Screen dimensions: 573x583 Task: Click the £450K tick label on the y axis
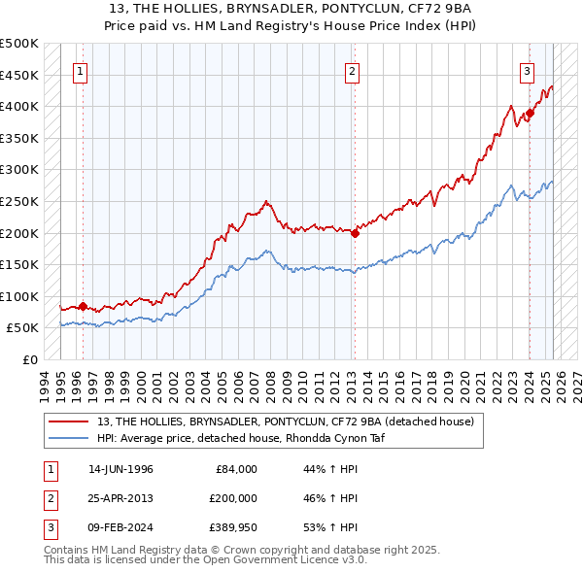coord(19,75)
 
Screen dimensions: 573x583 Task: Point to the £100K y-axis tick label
coord(19,296)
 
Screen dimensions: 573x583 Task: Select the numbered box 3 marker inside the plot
coord(527,70)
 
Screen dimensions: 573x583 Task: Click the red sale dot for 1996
coord(84,306)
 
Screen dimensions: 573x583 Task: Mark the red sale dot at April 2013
coord(356,233)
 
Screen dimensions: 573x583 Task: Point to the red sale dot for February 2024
coord(530,114)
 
